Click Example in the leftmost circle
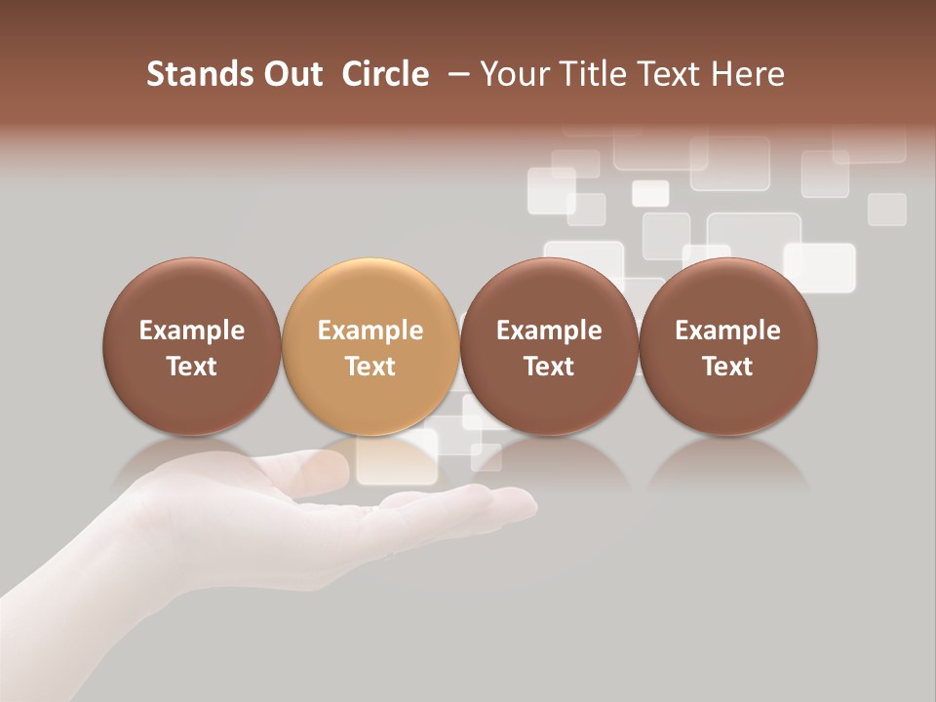[191, 331]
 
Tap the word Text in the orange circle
[370, 367]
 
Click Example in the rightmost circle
[727, 331]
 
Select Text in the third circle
[549, 367]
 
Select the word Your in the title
[514, 75]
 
